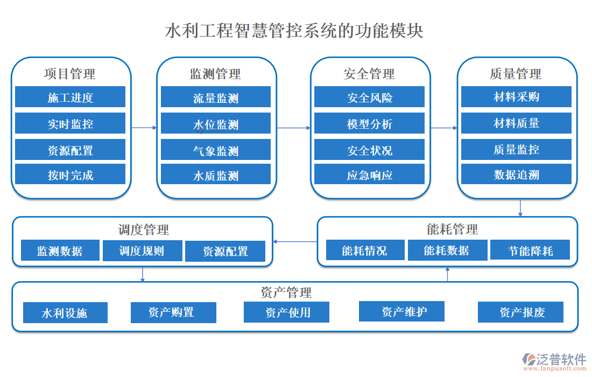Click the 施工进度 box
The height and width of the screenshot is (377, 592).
70,97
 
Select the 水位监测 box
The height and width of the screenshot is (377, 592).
215,125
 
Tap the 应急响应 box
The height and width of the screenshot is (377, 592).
369,175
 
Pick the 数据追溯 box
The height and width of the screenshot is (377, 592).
516,174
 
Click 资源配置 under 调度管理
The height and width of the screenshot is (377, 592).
225,252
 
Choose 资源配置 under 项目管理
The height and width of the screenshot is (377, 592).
70,150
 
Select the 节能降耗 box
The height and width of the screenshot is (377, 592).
530,250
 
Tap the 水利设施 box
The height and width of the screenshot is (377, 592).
65,313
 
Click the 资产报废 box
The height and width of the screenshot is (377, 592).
520,312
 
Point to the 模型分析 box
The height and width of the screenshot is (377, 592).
369,124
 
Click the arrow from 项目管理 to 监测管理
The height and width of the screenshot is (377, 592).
144,128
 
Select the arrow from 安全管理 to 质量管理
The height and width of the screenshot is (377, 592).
443,128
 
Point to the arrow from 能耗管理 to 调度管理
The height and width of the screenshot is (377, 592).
295,241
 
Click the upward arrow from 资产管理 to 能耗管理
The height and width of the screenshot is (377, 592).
448,274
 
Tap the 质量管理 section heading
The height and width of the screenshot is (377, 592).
515,74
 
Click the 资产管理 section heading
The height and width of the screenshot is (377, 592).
286,292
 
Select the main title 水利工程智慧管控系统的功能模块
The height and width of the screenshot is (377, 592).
294,31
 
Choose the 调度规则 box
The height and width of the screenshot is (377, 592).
142,250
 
